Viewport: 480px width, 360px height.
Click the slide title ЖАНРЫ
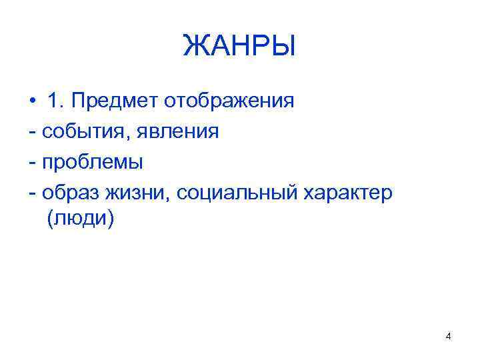[x=239, y=47]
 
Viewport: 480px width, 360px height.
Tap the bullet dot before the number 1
[x=32, y=101]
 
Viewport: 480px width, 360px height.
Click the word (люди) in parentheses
[x=81, y=221]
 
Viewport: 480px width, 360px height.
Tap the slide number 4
[x=448, y=337]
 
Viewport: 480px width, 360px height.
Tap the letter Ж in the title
[x=194, y=47]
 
